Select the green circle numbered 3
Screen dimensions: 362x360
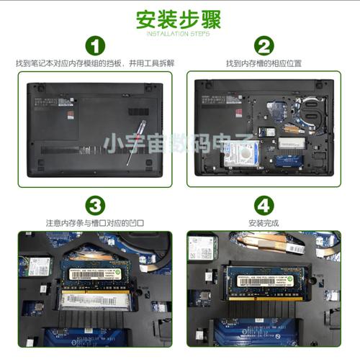94,205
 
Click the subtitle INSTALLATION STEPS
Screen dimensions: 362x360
179,33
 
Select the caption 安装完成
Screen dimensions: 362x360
263,223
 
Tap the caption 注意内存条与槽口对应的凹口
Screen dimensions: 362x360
94,223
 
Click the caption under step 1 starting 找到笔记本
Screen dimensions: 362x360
94,64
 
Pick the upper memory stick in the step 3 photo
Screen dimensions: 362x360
100,271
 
